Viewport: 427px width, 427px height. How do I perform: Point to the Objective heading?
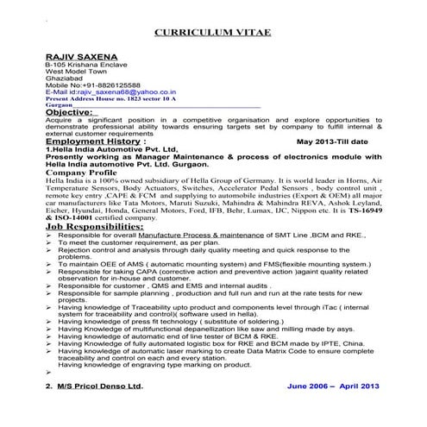(x=69, y=112)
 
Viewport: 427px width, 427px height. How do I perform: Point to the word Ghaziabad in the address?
(x=63, y=78)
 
